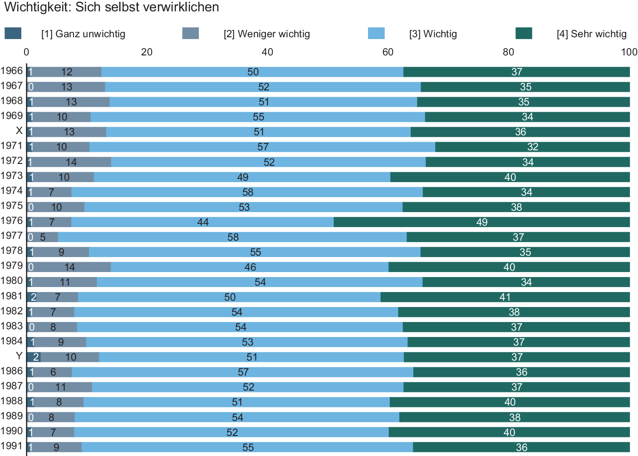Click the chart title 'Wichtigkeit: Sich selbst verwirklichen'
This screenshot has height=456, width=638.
(112, 7)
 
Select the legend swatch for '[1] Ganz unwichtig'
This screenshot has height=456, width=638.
(13, 34)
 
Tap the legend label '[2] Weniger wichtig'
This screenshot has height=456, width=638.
(267, 34)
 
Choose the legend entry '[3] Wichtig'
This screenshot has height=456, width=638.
(433, 34)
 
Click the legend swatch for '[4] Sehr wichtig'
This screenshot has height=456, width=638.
(524, 34)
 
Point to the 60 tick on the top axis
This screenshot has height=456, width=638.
(388, 52)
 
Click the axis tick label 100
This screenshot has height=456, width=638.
(629, 52)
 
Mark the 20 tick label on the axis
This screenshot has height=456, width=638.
(147, 52)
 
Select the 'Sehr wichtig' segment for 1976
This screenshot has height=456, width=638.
(481, 222)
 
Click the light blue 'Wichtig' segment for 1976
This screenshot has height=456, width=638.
(202, 222)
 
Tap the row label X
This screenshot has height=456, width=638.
(19, 131)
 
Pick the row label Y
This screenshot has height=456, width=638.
(19, 356)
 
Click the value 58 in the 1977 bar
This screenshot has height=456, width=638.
(233, 237)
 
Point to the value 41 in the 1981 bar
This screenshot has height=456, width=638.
(505, 297)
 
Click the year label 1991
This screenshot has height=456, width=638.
(12, 446)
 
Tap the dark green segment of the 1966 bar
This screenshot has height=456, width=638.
(516, 72)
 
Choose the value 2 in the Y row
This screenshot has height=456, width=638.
(35, 357)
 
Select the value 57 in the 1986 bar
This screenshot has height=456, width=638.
(243, 372)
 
